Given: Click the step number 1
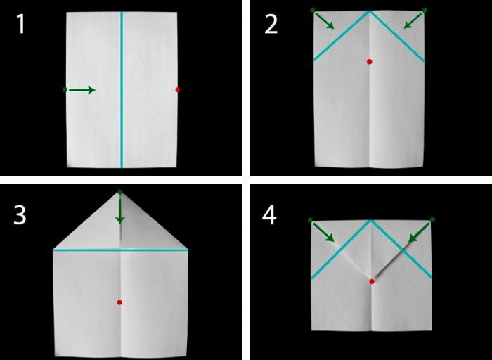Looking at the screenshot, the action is click(x=20, y=24).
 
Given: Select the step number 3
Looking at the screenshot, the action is click(x=20, y=215).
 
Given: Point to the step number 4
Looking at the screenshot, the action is click(x=269, y=215).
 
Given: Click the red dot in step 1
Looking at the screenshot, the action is click(x=178, y=90).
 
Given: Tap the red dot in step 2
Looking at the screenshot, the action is click(x=370, y=62).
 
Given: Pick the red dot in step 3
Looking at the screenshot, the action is click(x=119, y=302).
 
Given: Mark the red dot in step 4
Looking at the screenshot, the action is click(x=372, y=281).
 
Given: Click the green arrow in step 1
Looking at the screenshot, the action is click(x=82, y=90).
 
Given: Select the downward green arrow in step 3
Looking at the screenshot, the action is click(x=120, y=210).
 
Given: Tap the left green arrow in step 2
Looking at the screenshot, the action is click(x=325, y=21).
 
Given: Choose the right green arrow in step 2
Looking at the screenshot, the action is click(x=413, y=21).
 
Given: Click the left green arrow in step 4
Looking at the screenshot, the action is click(x=323, y=233).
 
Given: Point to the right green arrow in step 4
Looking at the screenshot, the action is click(x=419, y=233).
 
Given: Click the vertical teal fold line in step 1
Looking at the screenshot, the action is click(x=122, y=90).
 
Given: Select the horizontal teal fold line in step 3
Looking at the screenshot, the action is click(x=120, y=250).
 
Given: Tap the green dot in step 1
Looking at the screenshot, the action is click(x=65, y=90).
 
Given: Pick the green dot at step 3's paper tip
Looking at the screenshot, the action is click(x=120, y=192).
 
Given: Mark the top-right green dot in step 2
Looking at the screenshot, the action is click(x=425, y=11).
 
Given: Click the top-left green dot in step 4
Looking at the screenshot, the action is click(x=311, y=220).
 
